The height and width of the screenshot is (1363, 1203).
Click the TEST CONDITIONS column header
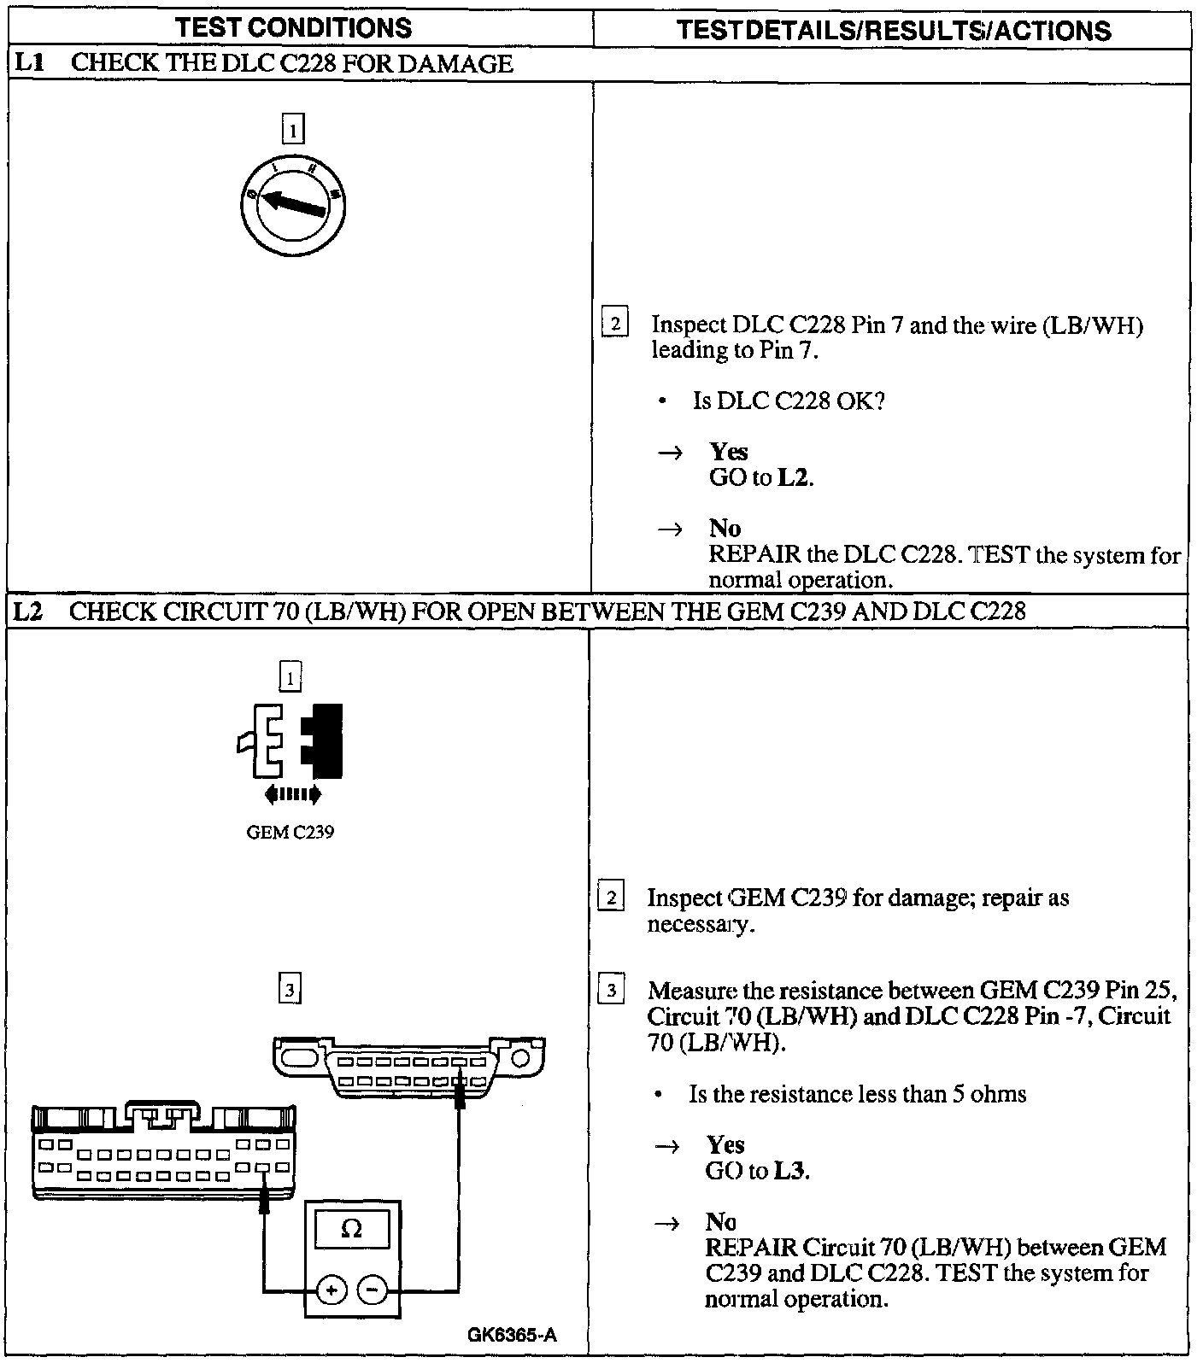[293, 28]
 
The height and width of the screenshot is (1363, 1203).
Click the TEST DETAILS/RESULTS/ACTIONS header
[893, 31]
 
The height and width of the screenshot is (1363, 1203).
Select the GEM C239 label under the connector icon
[290, 832]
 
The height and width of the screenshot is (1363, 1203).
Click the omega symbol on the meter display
[351, 1229]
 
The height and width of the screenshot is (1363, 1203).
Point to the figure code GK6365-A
[513, 1335]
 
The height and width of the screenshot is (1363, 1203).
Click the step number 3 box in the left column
[290, 990]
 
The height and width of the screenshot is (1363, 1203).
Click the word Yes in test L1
[729, 452]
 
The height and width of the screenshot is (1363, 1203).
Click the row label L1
[31, 64]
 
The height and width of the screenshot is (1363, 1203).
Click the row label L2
[31, 611]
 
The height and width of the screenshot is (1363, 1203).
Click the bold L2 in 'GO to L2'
[794, 477]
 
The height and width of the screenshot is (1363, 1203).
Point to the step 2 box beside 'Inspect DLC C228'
[614, 324]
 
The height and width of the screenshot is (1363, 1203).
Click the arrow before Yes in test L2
[666, 1147]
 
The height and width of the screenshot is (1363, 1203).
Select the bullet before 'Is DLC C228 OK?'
[663, 401]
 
